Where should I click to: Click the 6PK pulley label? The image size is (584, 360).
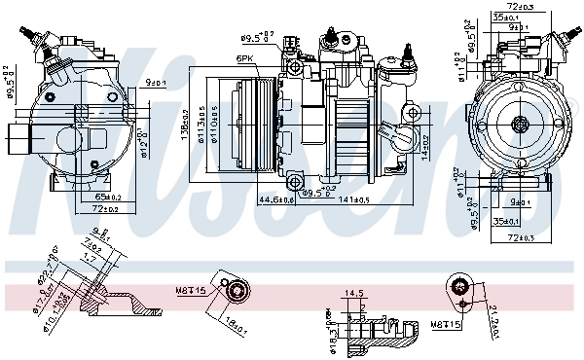pos(244,59)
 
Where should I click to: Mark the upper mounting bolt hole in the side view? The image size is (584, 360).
pos(292,43)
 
